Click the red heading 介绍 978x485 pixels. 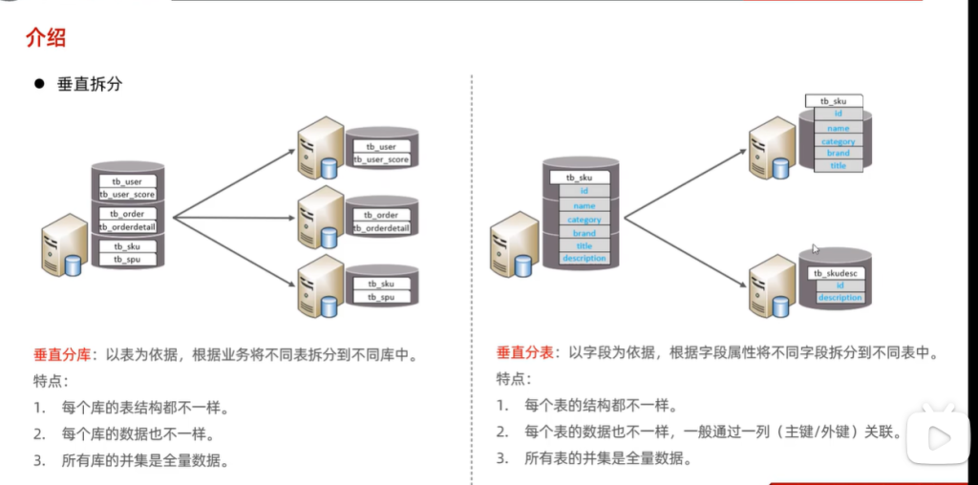(45, 38)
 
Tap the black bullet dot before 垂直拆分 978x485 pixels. (40, 84)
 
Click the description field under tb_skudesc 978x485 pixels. (840, 298)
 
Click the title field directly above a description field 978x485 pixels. (584, 245)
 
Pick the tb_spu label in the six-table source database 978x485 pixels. (127, 259)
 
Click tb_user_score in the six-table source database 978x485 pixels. (127, 194)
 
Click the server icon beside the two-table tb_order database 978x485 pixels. (319, 218)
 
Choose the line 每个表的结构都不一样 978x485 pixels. (601, 405)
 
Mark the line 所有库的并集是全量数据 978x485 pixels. (144, 461)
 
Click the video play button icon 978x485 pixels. (937, 438)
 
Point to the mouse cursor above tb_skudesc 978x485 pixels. (815, 249)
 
